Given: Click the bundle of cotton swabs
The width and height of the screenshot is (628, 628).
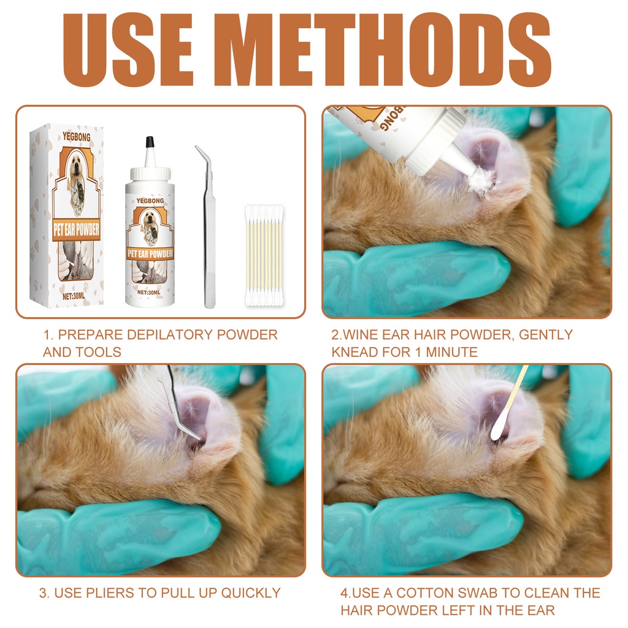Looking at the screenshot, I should tap(264, 255).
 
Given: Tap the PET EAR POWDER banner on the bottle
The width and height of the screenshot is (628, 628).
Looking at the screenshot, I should tap(150, 253).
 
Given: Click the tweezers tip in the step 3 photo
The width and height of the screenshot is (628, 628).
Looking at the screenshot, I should tap(197, 437).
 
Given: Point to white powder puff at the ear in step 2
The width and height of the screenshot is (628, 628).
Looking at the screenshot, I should tap(482, 181).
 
